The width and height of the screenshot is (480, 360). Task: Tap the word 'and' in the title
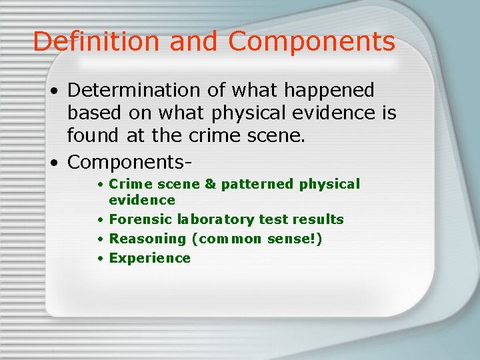(x=194, y=41)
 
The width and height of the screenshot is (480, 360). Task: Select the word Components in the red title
(x=311, y=41)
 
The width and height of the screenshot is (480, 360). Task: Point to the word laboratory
(x=201, y=219)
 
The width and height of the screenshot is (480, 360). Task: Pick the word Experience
(x=149, y=258)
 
